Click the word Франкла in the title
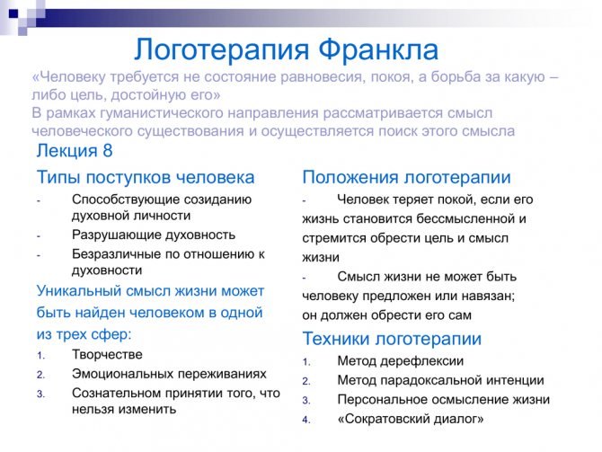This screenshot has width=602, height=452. tap(378, 50)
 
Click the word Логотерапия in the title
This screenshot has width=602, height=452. tap(222, 50)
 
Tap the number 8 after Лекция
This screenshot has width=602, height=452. tap(108, 150)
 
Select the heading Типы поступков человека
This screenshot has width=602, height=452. tap(146, 177)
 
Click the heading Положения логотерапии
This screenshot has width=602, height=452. tap(407, 177)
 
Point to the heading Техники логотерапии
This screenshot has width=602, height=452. tap(392, 339)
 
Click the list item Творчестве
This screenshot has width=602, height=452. tap(107, 354)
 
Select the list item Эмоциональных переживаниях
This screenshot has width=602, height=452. tap(169, 374)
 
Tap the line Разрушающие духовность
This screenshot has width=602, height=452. tap(154, 235)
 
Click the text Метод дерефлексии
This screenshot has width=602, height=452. tap(401, 361)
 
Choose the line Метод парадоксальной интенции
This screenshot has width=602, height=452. tap(441, 380)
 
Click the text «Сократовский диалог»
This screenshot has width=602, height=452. tap(411, 419)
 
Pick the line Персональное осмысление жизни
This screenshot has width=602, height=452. tap(444, 399)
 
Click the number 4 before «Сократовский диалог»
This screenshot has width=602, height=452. tap(306, 420)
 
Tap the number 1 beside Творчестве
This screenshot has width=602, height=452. tap(40, 356)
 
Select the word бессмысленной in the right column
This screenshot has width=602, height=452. tap(465, 218)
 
